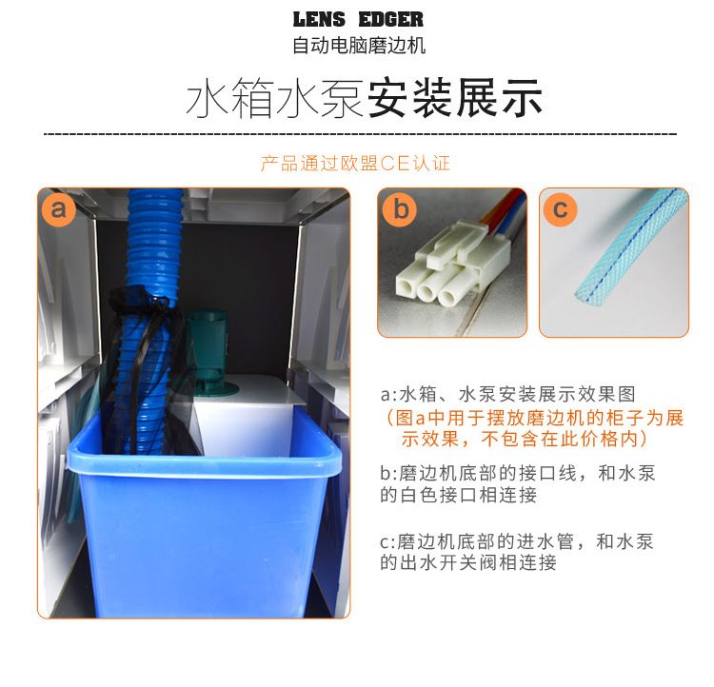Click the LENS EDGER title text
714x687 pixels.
pyautogui.click(x=358, y=19)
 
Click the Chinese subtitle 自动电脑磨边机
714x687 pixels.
pyautogui.click(x=359, y=45)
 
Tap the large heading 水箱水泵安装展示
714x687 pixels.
pyautogui.click(x=364, y=98)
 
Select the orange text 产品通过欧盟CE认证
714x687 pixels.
pyautogui.click(x=355, y=163)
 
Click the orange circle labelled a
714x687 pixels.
pyautogui.click(x=58, y=209)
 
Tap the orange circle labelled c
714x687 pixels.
pyautogui.click(x=560, y=209)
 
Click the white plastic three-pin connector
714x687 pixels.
pyautogui.click(x=451, y=265)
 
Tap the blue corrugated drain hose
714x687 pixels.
pyautogui.click(x=149, y=319)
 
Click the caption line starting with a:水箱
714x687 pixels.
pyautogui.click(x=507, y=394)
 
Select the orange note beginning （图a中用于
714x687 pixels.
pyautogui.click(x=534, y=428)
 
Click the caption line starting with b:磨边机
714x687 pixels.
pyautogui.click(x=518, y=484)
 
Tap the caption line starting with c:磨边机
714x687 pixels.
pyautogui.click(x=517, y=552)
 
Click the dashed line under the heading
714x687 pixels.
pyautogui.click(x=360, y=134)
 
